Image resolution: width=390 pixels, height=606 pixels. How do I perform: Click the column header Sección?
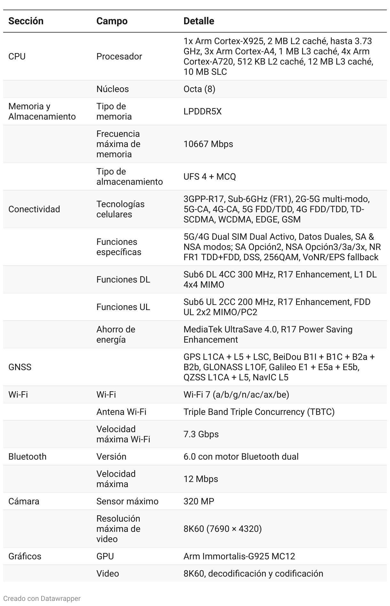[x=26, y=21]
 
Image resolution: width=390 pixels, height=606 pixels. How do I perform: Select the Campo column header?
[x=112, y=21]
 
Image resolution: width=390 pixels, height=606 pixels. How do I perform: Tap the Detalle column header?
[x=199, y=21]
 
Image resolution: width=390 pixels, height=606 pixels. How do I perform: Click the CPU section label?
[x=17, y=56]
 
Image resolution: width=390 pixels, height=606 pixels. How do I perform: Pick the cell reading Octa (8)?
[x=199, y=89]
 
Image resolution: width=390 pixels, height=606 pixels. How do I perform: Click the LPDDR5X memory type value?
[x=202, y=111]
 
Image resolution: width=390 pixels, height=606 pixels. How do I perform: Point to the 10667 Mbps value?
[x=208, y=144]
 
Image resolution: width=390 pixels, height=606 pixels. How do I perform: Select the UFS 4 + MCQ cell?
[x=210, y=176]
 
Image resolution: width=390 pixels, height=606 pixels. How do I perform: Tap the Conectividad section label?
[x=34, y=209]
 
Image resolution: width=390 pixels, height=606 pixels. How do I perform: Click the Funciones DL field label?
[x=123, y=279]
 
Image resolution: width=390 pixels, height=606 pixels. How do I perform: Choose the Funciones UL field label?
[x=123, y=307]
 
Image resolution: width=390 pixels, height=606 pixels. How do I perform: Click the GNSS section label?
[x=20, y=367]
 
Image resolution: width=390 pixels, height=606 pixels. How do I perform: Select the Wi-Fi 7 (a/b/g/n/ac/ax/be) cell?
[x=236, y=394]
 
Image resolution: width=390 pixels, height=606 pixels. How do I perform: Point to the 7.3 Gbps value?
[x=201, y=434]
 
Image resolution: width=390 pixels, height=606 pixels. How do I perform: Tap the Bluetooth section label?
[x=27, y=456]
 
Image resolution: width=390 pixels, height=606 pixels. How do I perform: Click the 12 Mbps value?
[x=201, y=479]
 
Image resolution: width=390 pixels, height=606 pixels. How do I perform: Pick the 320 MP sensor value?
[x=199, y=501]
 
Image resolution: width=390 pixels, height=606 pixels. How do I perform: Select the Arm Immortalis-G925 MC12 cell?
[x=239, y=556]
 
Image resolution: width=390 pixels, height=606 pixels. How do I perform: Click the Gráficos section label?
[x=25, y=556]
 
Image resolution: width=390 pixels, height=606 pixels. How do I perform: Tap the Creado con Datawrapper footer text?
[x=42, y=598]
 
